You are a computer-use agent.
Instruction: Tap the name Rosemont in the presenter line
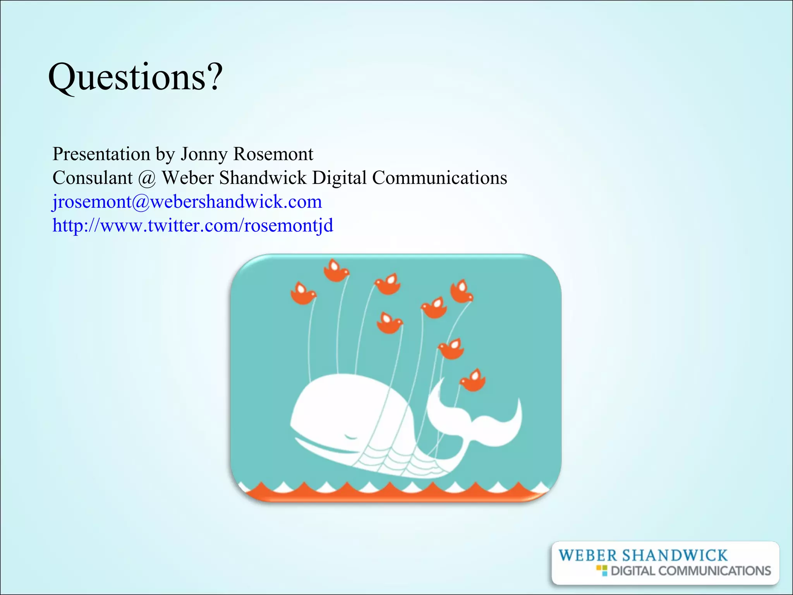click(273, 154)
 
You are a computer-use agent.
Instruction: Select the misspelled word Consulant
click(93, 178)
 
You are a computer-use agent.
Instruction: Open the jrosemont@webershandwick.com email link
click(187, 202)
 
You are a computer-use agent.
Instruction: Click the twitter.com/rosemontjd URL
click(192, 225)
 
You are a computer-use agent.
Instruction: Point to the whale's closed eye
click(351, 437)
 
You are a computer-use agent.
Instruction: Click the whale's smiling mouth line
click(325, 447)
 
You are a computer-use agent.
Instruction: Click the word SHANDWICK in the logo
click(675, 555)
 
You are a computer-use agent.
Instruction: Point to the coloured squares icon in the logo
click(602, 570)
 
